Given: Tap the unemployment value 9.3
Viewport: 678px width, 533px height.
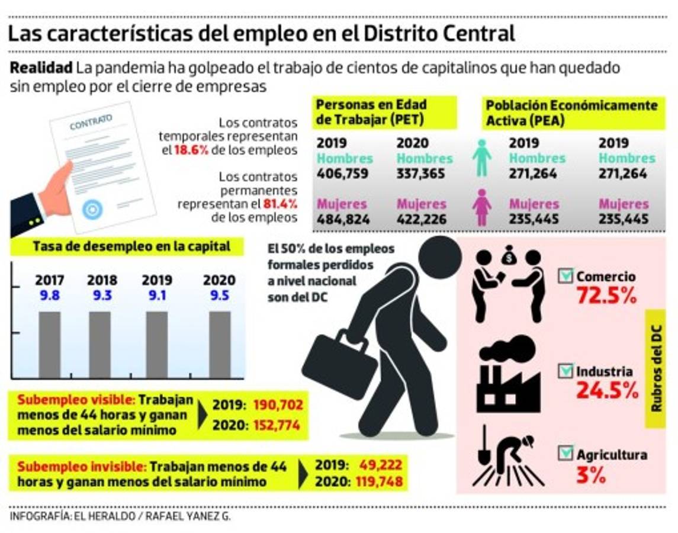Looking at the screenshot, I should tap(102, 295).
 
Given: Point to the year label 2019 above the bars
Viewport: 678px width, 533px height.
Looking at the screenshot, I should tap(157, 280).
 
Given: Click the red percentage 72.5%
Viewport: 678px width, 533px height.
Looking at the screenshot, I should tap(606, 296).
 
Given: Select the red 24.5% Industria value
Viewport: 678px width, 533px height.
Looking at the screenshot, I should tap(606, 391).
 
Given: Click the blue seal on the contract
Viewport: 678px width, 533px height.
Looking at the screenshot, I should tap(92, 209).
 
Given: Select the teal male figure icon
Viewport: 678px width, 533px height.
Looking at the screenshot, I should tap(482, 158).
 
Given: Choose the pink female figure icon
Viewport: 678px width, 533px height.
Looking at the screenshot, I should tap(482, 207).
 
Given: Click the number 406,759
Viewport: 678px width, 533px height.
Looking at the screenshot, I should tap(342, 174).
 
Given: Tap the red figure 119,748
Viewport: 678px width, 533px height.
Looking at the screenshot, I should tap(379, 481).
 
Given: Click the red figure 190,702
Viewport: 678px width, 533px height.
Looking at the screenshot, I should tap(278, 406).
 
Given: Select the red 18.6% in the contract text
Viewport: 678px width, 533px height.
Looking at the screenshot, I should tap(191, 150).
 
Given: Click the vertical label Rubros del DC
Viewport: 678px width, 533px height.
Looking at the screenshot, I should tap(657, 368).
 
